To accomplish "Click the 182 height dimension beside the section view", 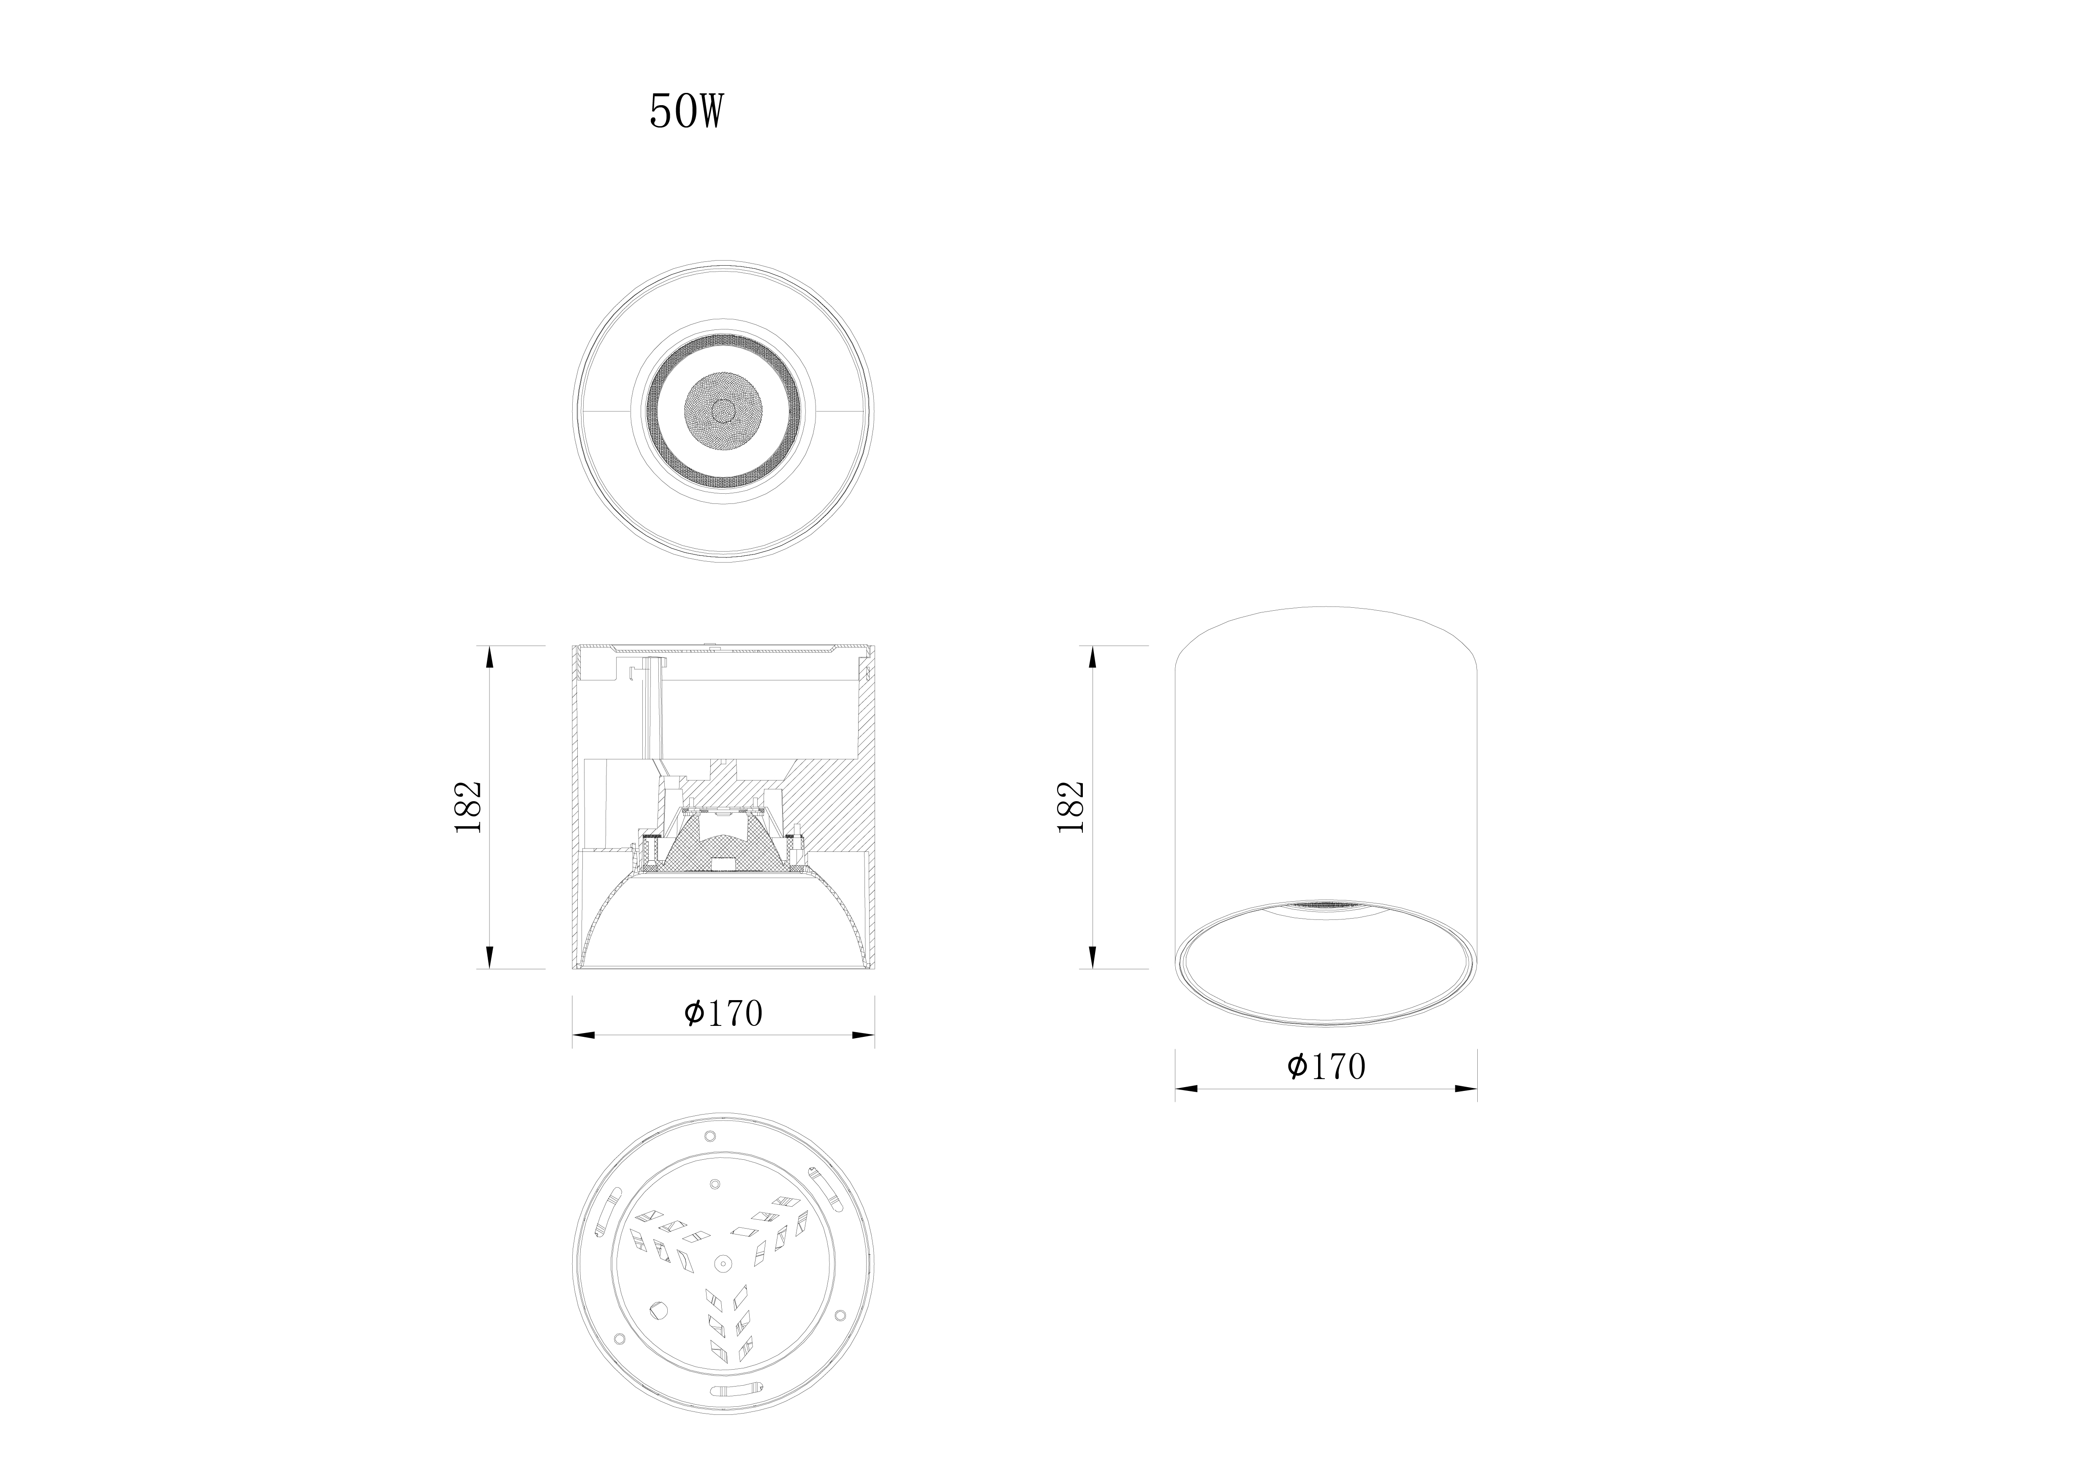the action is pos(468,806).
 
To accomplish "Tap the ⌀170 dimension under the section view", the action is pos(723,1013).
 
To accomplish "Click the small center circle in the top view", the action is pos(723,411).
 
